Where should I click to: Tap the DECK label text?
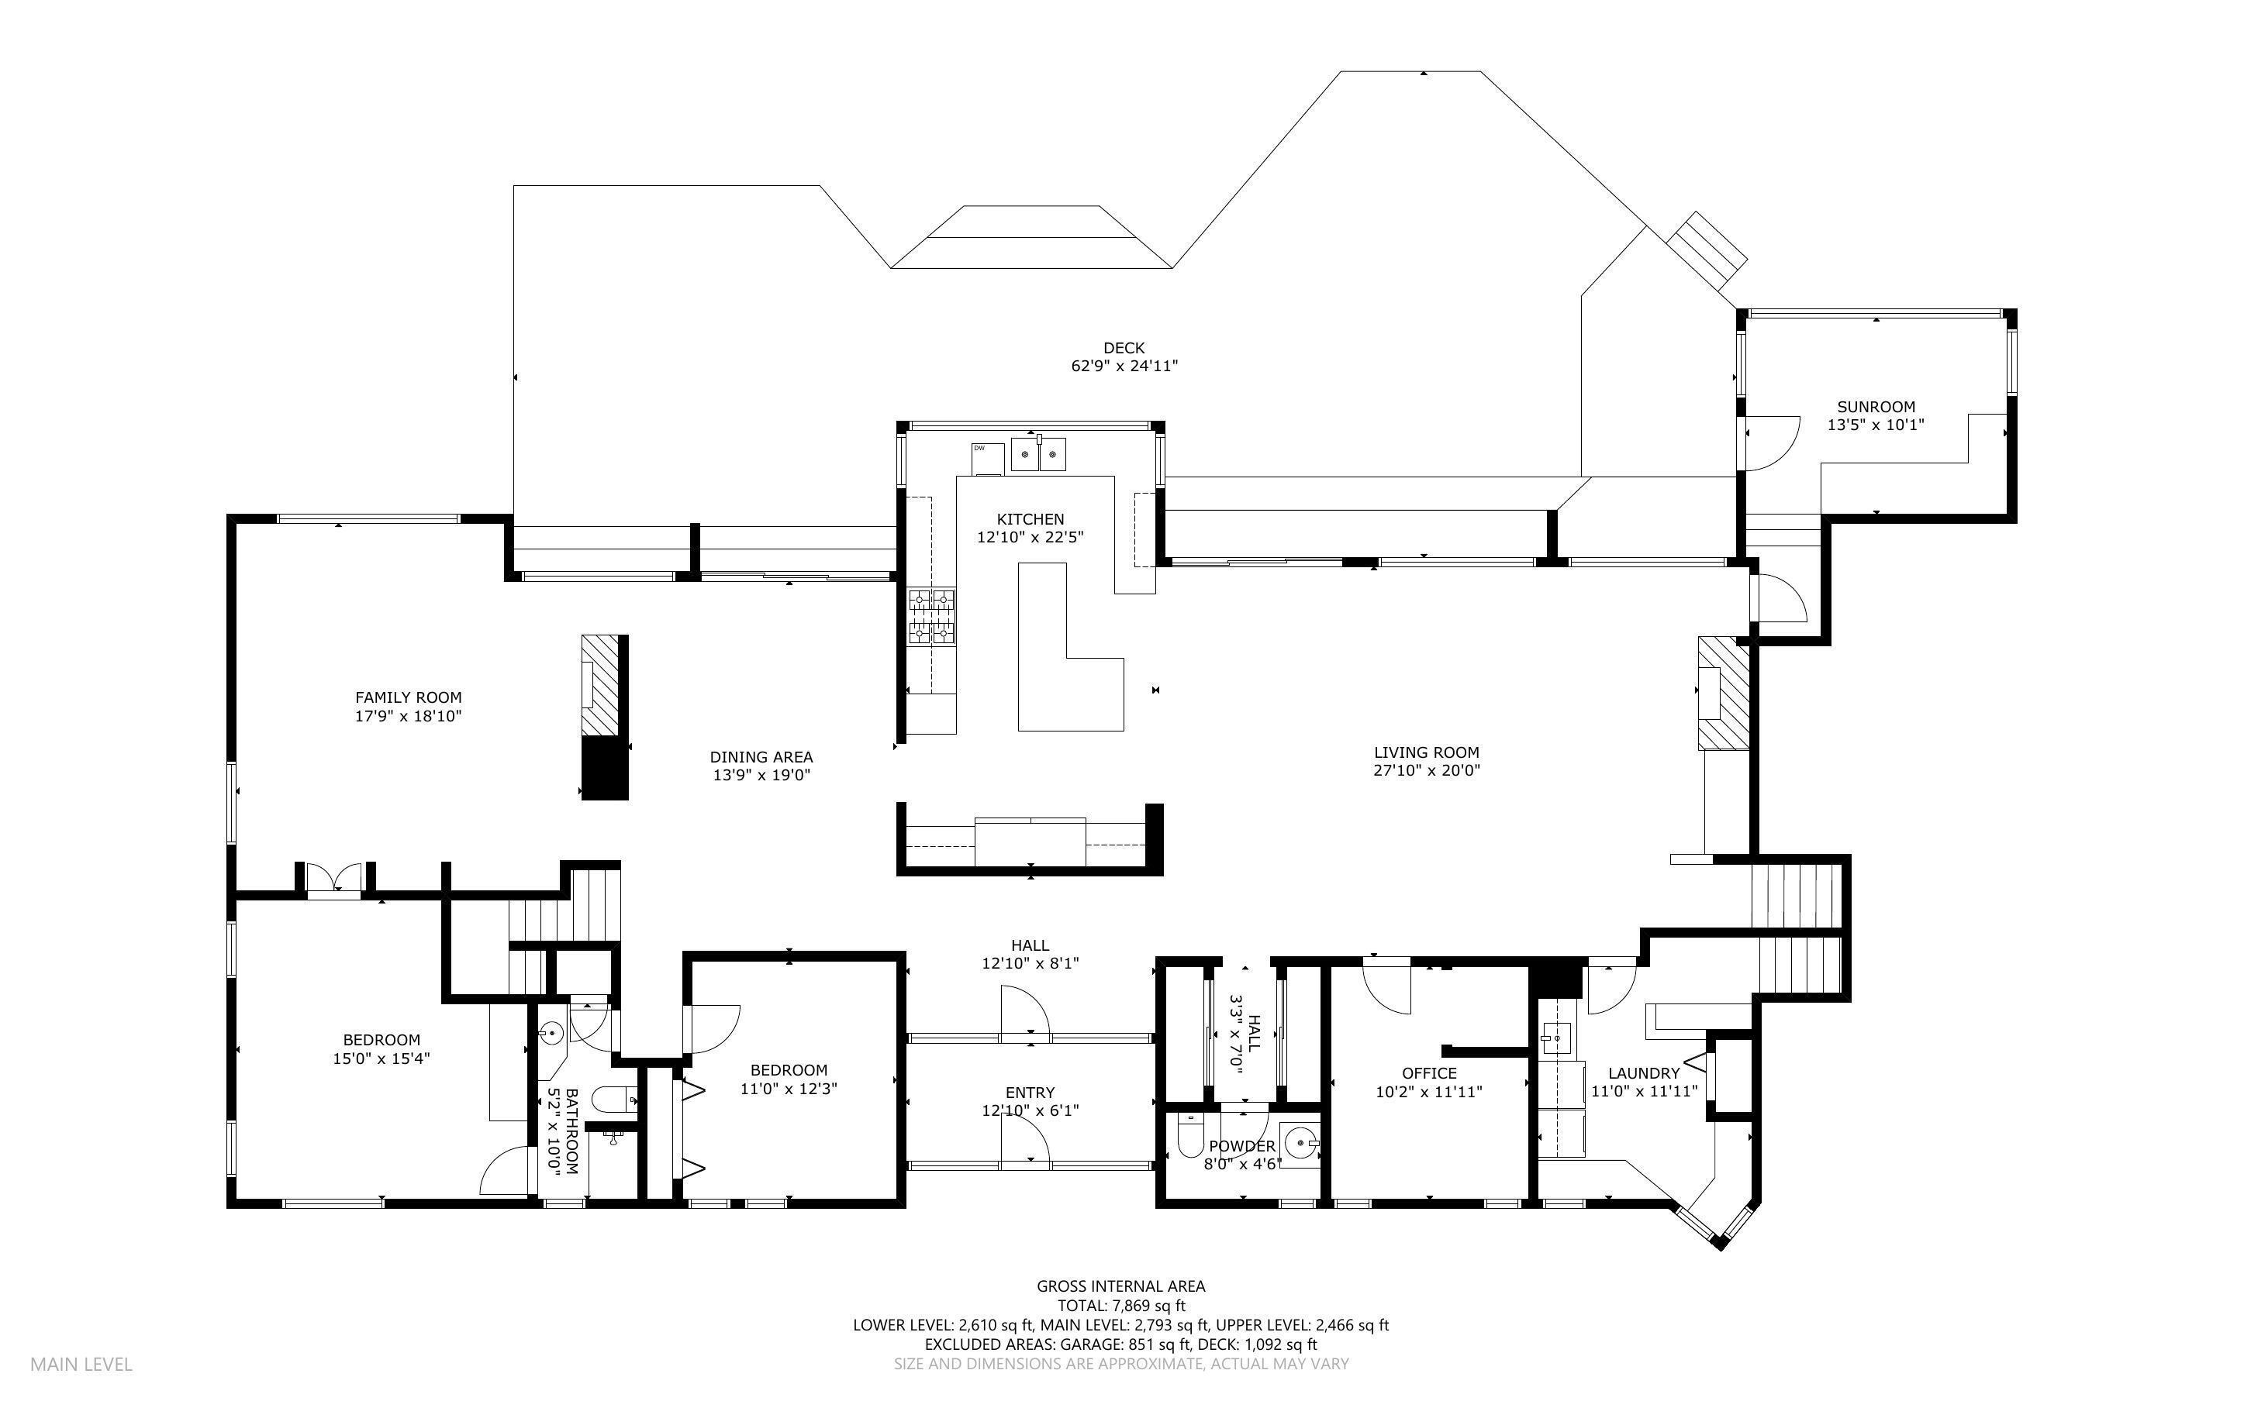[1124, 349]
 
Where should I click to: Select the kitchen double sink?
[1038, 454]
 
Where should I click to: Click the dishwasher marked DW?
[987, 459]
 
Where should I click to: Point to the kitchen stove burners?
[931, 616]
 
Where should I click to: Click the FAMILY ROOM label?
[408, 697]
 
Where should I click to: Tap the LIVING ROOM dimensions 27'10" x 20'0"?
[1427, 770]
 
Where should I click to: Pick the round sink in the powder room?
[1300, 1145]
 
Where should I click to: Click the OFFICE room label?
[1428, 1074]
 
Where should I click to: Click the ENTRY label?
[1030, 1093]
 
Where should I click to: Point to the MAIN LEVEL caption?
[81, 1364]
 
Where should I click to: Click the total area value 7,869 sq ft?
[1148, 1306]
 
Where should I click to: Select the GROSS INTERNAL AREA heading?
[1120, 1286]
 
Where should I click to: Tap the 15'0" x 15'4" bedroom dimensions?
[381, 1058]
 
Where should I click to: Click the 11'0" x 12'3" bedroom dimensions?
[789, 1089]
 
